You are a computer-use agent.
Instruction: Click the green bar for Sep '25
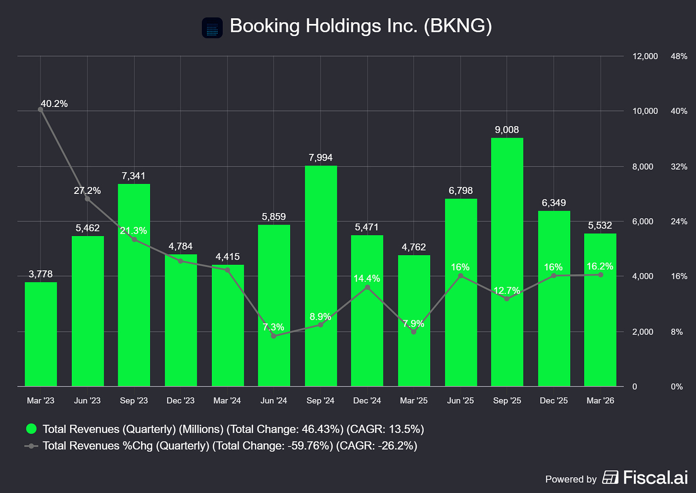pos(507,262)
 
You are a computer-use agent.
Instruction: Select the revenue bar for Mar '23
pos(41,334)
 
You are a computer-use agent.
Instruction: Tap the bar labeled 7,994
pos(321,276)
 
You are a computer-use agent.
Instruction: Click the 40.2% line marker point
pos(40,109)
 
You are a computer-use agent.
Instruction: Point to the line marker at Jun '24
pos(273,336)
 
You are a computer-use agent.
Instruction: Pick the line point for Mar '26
pos(600,275)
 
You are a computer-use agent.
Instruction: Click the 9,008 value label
pos(507,129)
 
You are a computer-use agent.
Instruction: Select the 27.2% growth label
pos(87,190)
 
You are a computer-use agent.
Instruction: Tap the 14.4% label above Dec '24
pos(367,278)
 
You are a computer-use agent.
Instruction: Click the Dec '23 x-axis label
pos(181,400)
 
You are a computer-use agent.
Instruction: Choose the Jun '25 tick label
pos(460,400)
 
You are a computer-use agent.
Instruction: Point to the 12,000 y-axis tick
pos(645,56)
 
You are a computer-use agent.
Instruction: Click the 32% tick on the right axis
pos(679,167)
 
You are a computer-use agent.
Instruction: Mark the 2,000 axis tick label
pos(643,332)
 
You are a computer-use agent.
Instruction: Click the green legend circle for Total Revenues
pos(32,429)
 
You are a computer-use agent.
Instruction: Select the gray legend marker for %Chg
pos(31,446)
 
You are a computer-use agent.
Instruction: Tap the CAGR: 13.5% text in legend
pos(385,429)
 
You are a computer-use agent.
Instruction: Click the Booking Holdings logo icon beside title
pos(212,28)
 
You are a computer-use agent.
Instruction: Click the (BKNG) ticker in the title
pos(457,26)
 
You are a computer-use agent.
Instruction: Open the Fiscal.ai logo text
pos(655,478)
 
